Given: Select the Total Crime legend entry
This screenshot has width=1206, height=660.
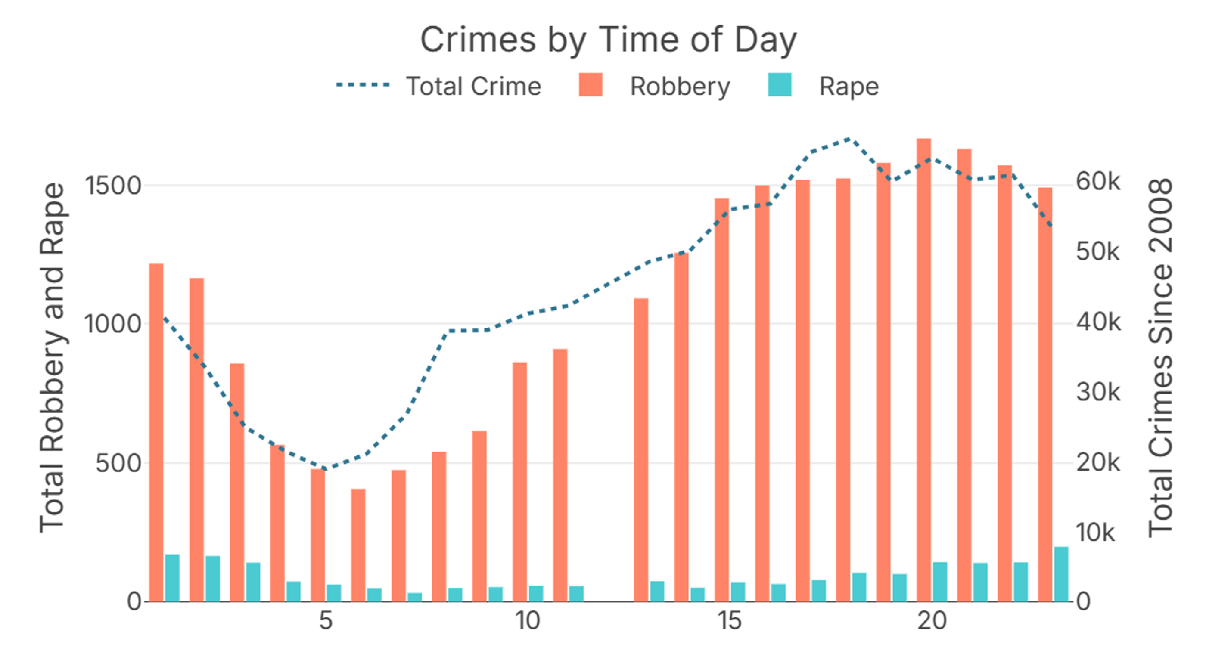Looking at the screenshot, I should pos(473,86).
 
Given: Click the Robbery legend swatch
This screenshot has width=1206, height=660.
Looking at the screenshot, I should pos(591,85).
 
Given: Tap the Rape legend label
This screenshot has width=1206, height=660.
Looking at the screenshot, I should pos(849,87).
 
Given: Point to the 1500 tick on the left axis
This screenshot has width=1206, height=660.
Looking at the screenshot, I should pos(113,186).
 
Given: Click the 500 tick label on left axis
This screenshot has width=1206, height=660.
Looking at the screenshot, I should pos(118,464).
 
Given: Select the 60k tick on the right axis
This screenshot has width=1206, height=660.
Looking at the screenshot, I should pos(1098,181).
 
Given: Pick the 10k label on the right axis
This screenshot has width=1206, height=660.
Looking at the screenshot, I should pos(1095,532).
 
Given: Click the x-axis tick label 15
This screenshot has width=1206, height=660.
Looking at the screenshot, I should pos(729,621).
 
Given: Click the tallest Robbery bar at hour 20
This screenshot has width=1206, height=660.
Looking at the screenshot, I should pos(924,370).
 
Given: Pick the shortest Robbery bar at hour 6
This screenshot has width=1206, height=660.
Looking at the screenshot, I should pos(358,545).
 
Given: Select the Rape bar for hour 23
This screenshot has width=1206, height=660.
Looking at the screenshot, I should pos(1061,574).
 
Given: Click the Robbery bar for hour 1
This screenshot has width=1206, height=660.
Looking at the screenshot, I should pos(156,433).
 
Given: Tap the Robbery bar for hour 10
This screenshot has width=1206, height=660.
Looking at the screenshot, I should pos(520,482).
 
